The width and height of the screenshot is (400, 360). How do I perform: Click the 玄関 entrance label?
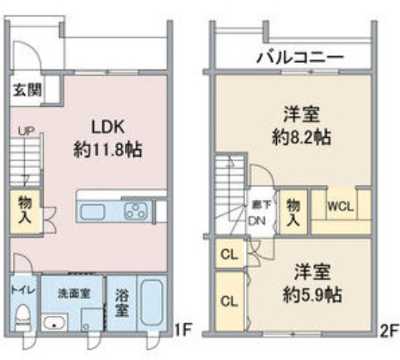24,89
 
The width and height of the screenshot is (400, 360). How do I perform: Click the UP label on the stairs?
25,131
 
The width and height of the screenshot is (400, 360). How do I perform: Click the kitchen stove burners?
136,210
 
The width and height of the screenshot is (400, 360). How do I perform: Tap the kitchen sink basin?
91,211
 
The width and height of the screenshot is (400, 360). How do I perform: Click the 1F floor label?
180,329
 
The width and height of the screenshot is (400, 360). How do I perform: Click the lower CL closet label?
229,301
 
